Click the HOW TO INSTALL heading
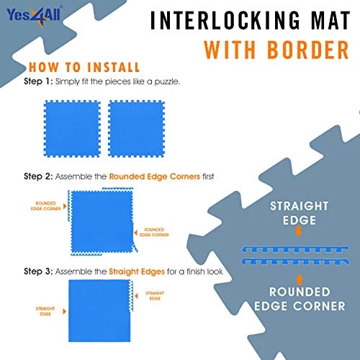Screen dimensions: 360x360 coord(86,68)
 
